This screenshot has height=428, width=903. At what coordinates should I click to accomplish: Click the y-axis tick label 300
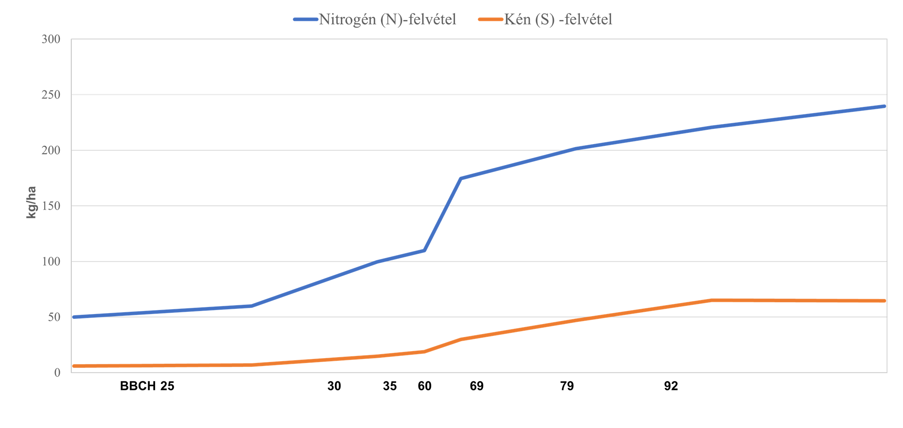[x=51, y=39]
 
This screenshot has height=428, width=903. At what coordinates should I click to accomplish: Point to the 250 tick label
[x=51, y=95]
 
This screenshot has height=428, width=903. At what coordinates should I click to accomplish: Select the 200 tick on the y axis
[x=51, y=150]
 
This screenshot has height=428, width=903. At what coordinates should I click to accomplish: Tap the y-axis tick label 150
[x=51, y=206]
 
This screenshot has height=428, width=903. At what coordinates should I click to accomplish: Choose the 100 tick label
[x=51, y=261]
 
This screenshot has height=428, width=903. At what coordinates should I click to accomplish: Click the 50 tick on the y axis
[x=54, y=317]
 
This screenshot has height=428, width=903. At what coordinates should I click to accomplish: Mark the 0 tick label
[x=57, y=373]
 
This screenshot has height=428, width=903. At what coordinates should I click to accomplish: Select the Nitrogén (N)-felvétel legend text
[x=387, y=19]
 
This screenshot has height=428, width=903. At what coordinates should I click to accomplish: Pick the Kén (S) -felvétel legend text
[x=558, y=19]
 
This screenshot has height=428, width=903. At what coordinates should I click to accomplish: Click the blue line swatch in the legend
[x=306, y=19]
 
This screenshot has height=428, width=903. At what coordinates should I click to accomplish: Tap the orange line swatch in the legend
[x=491, y=19]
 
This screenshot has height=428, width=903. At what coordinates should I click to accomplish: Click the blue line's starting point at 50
[x=73, y=317]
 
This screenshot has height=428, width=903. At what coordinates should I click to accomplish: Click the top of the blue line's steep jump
[x=461, y=178]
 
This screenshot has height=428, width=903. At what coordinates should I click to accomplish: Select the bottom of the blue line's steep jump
[x=424, y=250]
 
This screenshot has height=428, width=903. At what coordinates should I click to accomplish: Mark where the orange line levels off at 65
[x=711, y=300]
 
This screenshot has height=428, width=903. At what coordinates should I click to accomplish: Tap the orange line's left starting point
[x=73, y=366]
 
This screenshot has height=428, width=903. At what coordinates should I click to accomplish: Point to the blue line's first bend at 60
[x=250, y=306]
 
